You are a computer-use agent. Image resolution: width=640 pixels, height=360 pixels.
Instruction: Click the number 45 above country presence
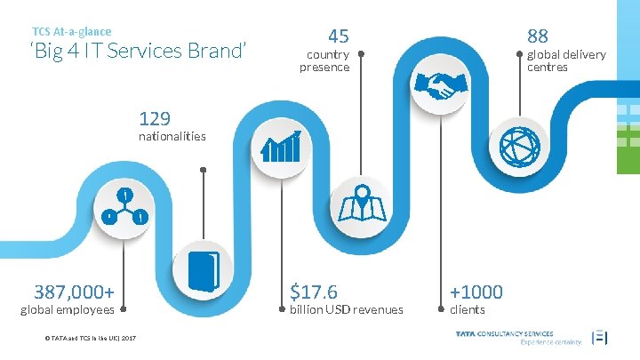click(x=338, y=36)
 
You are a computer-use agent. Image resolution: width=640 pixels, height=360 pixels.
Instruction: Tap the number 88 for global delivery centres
click(x=538, y=36)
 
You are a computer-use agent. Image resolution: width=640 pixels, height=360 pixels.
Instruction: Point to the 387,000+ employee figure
click(x=74, y=291)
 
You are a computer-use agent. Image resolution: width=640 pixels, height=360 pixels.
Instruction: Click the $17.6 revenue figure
click(x=313, y=291)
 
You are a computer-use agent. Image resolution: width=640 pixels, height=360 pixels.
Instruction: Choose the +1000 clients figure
click(x=476, y=291)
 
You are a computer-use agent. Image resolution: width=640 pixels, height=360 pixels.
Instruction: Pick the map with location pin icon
click(x=362, y=204)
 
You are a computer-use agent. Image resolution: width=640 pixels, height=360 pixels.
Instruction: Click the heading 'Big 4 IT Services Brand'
click(x=137, y=51)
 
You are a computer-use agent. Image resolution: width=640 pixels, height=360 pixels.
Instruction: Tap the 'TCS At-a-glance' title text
click(x=72, y=31)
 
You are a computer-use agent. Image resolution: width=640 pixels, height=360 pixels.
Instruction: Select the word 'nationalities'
click(x=172, y=137)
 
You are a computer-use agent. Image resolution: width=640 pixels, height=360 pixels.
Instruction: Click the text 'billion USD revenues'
click(x=347, y=309)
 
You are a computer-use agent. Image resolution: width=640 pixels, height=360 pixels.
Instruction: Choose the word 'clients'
click(x=468, y=309)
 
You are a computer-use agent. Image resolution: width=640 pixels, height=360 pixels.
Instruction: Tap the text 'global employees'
click(x=67, y=309)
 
